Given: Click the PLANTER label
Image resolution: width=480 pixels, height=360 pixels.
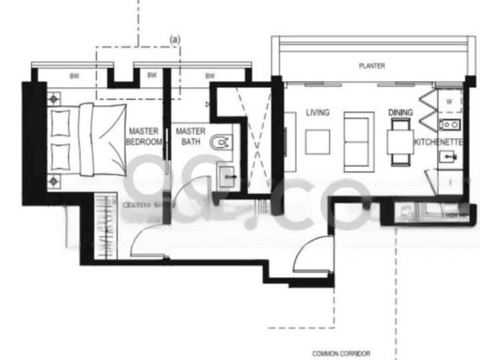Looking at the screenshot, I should [371, 66].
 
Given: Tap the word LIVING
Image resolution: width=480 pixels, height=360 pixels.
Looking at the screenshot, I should [318, 112].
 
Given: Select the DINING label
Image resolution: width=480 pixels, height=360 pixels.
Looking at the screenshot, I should [400, 112].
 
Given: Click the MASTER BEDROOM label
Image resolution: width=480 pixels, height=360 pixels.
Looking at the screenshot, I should [143, 136].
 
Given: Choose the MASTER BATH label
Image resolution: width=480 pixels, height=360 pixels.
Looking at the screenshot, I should [190, 136].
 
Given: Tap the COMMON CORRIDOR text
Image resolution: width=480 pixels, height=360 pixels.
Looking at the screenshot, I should [341, 353].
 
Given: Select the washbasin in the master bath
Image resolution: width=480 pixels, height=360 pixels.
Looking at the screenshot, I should [227, 178].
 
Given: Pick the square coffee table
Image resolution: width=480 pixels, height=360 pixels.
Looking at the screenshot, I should [317, 141].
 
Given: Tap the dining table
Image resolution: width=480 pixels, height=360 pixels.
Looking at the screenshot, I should [399, 142].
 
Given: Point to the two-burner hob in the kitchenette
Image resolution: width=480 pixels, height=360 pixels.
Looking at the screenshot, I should [449, 123].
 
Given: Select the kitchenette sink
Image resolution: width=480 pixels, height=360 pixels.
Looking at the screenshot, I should [448, 157].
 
